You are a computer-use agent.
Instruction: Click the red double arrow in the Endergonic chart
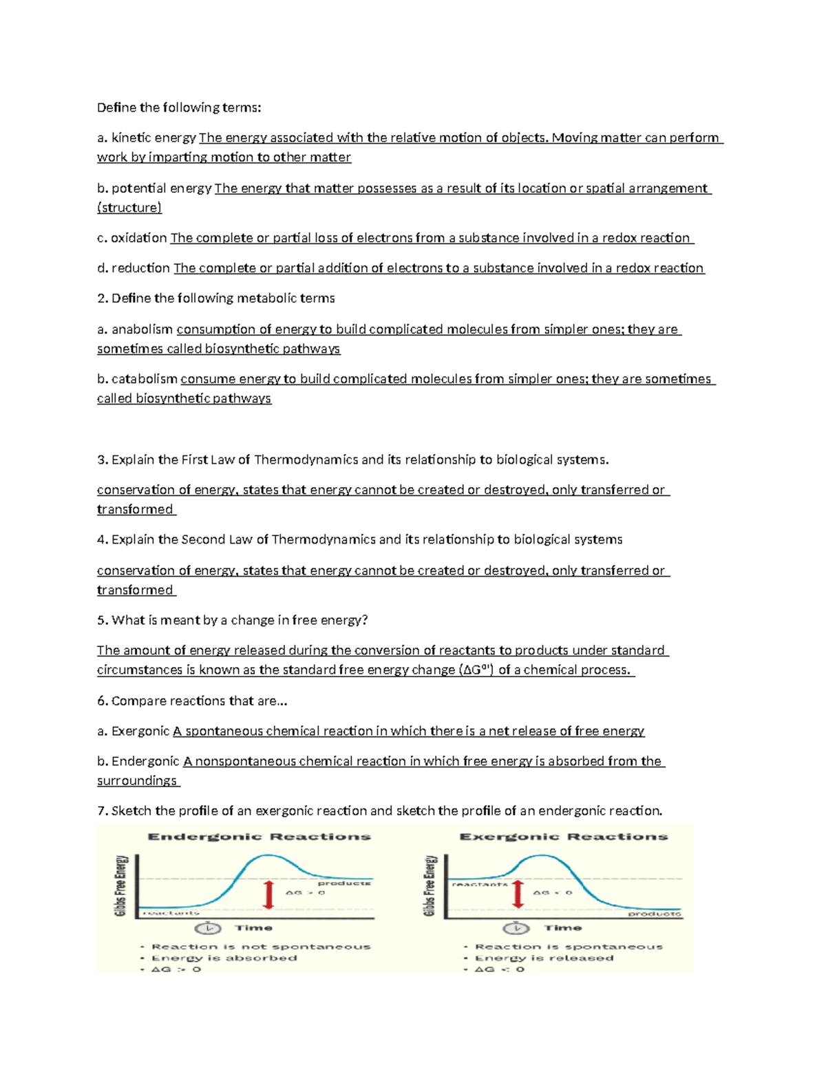[x=269, y=895]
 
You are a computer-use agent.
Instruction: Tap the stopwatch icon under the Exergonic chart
[x=516, y=928]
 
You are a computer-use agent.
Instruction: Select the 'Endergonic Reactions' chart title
[x=259, y=837]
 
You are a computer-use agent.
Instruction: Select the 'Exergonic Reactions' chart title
[x=563, y=837]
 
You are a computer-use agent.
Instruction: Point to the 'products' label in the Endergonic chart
[x=344, y=883]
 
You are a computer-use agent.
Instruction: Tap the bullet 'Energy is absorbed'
[x=224, y=958]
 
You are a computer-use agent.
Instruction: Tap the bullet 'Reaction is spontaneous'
[x=569, y=947]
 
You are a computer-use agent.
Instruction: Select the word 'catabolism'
[x=145, y=379]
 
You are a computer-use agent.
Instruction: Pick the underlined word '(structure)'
[x=129, y=207]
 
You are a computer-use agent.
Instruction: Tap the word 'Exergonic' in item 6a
[x=140, y=731]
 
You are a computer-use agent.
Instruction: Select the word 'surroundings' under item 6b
[x=137, y=781]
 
